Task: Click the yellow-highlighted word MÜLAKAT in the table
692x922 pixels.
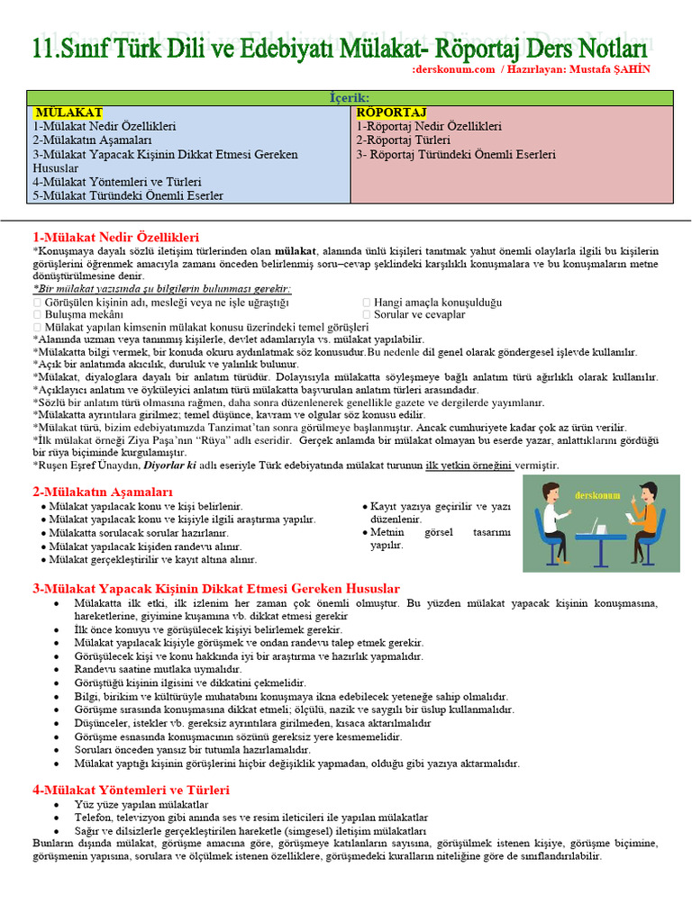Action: [x=68, y=113]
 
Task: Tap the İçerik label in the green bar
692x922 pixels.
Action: [x=350, y=97]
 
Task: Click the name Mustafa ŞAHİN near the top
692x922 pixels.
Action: [x=608, y=69]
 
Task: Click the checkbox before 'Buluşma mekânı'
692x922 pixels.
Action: [x=37, y=315]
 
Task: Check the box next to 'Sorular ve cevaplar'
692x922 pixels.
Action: [x=366, y=315]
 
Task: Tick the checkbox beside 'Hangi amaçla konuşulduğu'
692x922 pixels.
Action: [x=366, y=303]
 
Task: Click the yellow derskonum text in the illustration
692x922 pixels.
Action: [x=595, y=495]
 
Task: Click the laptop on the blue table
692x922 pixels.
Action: [x=594, y=525]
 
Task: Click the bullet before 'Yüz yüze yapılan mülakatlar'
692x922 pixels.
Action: [x=58, y=804]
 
